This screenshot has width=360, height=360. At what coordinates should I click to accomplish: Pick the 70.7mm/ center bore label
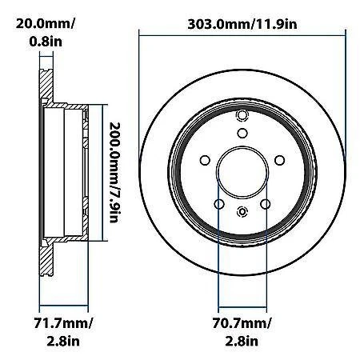(241, 323)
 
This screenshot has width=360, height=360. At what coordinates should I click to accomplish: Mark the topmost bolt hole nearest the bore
(241, 135)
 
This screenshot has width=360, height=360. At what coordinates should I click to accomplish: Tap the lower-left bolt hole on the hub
(218, 205)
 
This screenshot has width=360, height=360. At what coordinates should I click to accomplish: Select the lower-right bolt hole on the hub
(264, 205)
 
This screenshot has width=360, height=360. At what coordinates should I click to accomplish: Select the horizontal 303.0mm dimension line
(245, 33)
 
